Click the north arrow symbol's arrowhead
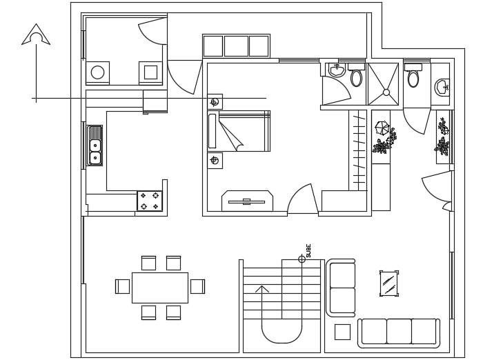[x=36, y=34]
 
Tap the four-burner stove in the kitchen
[x=150, y=201]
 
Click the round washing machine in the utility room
[x=98, y=72]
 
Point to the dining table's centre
[x=159, y=287]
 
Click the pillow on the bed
[x=213, y=131]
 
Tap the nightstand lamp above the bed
[x=215, y=102]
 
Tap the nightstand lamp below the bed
[x=215, y=160]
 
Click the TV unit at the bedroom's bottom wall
[x=247, y=201]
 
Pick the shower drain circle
[x=386, y=92]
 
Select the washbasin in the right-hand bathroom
[x=442, y=87]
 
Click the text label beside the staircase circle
[x=308, y=250]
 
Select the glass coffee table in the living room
[x=389, y=283]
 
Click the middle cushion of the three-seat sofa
[x=399, y=332]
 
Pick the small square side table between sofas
[x=342, y=332]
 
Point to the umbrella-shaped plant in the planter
[x=382, y=128]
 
